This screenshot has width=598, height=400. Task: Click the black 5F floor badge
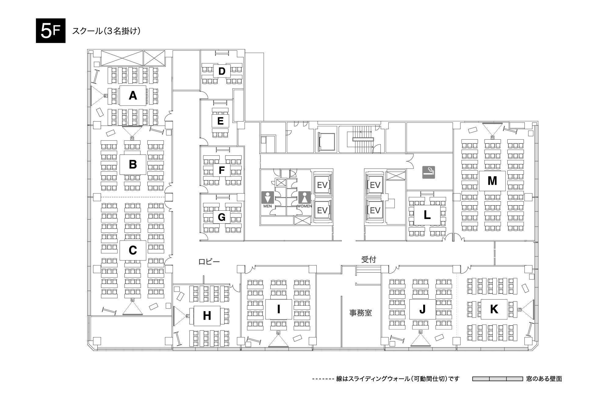click(x=51, y=31)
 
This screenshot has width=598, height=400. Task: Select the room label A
click(x=133, y=96)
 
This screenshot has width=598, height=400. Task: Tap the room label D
click(x=222, y=71)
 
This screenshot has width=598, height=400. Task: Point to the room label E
click(x=220, y=121)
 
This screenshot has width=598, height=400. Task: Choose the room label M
click(x=492, y=181)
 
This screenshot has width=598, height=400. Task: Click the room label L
click(x=427, y=215)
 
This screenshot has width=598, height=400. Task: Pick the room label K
click(x=494, y=309)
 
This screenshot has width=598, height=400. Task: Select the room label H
click(x=207, y=316)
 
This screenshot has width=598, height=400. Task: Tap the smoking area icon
click(x=429, y=172)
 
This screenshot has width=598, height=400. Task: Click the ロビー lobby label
click(x=209, y=262)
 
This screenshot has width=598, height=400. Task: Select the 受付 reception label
click(x=369, y=260)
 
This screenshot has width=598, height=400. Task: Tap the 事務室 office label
click(x=361, y=313)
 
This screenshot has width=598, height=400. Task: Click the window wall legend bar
click(x=498, y=379)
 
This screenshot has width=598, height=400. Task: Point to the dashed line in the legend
click(x=323, y=379)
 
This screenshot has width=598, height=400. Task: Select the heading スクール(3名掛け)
click(x=106, y=31)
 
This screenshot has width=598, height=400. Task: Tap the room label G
click(x=222, y=217)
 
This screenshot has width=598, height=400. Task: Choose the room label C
click(x=133, y=250)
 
